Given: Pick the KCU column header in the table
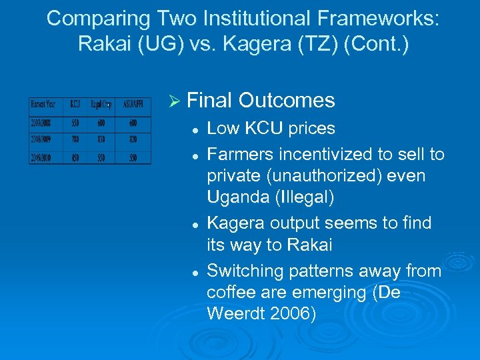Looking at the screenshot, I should pos(75,105).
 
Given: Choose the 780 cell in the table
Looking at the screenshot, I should pos(75,140).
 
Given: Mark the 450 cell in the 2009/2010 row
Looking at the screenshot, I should pos(75,157).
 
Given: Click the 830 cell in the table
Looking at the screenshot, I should pos(101,140).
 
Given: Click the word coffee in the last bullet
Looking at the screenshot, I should pos(231,293).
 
